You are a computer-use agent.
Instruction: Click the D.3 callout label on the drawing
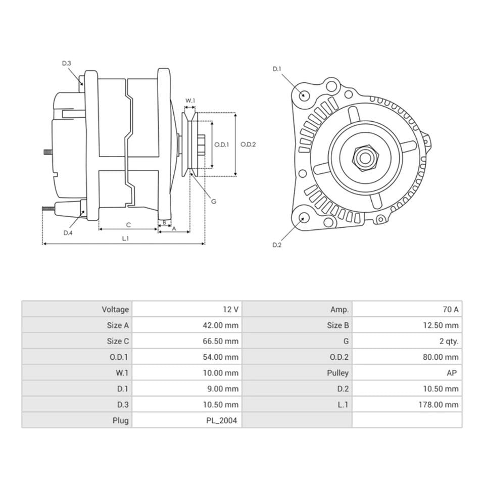67,63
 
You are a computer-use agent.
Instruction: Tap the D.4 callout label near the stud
68,233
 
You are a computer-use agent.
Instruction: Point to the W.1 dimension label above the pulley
190,101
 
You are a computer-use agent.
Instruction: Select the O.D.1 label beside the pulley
222,144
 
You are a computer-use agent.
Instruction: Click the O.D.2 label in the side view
248,144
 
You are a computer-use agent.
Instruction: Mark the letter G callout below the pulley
214,201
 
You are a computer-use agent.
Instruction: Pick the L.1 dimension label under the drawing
125,238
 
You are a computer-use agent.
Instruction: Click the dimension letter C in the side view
128,224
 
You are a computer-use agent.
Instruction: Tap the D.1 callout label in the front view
277,69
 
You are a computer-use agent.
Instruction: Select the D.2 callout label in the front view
277,245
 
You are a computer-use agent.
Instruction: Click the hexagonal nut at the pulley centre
364,158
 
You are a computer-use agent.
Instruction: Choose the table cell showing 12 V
229,309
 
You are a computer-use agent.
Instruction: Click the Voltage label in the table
115,309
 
